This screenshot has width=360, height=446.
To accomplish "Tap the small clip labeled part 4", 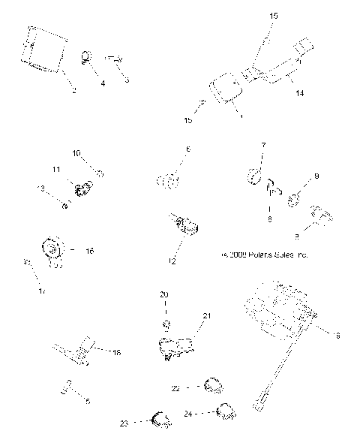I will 87,56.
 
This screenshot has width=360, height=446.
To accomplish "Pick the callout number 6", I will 187,149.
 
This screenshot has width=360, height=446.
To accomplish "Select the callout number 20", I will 164,294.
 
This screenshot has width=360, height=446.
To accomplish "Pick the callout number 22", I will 175,388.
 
